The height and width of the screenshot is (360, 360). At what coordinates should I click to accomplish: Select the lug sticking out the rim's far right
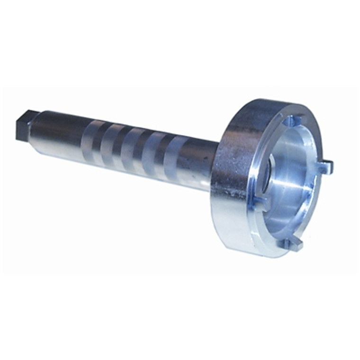pos(326,166)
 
